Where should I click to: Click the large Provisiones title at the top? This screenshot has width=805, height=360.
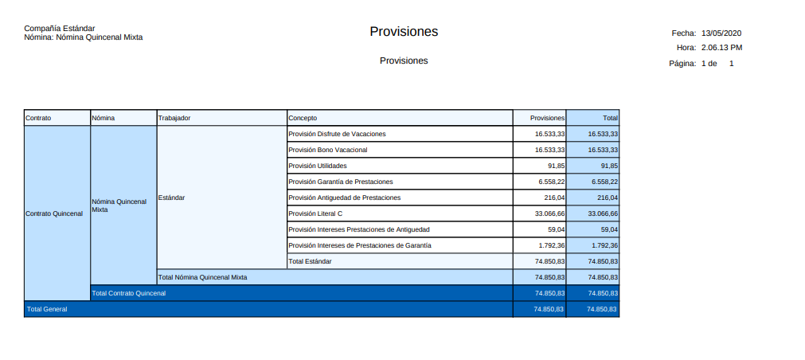click(x=404, y=32)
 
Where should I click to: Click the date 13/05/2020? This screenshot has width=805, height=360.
click(x=721, y=33)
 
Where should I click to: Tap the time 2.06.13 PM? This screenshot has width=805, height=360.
click(x=721, y=48)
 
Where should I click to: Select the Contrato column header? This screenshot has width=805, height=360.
click(x=38, y=118)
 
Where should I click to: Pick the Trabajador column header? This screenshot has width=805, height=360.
click(x=174, y=118)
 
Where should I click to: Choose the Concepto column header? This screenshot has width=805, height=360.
click(x=303, y=118)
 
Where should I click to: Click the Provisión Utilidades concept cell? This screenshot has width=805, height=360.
click(x=317, y=166)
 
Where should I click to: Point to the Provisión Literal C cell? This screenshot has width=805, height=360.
click(x=315, y=213)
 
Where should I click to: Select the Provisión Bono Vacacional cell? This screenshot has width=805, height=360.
click(x=327, y=150)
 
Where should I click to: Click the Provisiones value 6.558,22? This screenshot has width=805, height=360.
click(x=551, y=182)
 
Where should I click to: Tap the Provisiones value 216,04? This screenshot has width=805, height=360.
click(x=553, y=198)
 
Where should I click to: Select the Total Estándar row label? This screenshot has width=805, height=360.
click(x=310, y=261)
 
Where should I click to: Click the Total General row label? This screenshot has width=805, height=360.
click(x=47, y=309)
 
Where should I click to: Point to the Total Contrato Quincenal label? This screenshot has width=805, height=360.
click(x=129, y=293)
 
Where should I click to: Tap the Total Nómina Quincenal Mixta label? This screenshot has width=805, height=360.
click(x=203, y=277)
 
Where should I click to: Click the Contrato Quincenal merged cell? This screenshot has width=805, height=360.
click(x=54, y=213)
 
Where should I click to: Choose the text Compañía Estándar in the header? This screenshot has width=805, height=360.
click(x=60, y=29)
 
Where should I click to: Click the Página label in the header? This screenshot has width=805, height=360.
click(x=683, y=63)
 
